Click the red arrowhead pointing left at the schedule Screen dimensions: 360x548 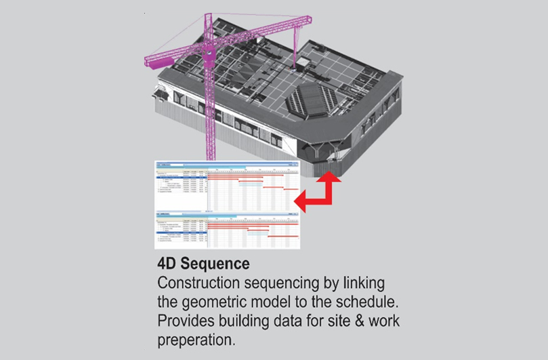click(302, 200)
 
